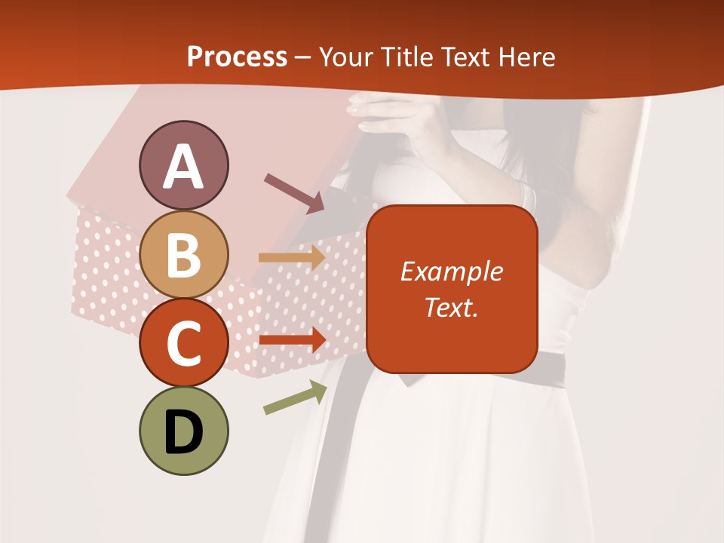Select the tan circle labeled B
(x=183, y=254)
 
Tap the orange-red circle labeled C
(x=183, y=342)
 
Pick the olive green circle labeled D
(x=183, y=431)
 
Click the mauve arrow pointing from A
(x=294, y=192)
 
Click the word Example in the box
(x=451, y=271)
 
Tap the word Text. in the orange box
(x=451, y=307)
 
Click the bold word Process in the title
(x=237, y=57)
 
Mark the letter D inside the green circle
(x=183, y=432)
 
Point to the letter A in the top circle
(x=183, y=166)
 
